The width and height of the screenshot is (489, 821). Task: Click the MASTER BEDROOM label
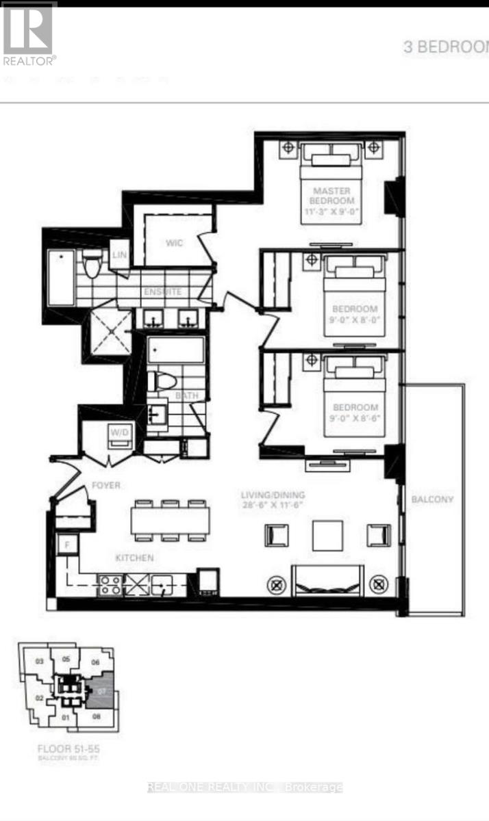coord(333,196)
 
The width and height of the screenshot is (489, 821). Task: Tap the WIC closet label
coord(174,243)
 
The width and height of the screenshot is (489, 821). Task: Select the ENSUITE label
coord(162,292)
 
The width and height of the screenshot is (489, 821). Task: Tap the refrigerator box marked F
coord(66,545)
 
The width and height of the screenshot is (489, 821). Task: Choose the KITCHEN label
coord(134,558)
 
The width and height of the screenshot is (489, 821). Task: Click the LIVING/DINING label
coord(272,495)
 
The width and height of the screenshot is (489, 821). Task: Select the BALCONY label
coord(432,499)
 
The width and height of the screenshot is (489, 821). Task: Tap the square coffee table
coord(327,535)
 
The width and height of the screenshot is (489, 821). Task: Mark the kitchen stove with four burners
coord(110,586)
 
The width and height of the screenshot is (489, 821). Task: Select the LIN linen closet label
coord(120,255)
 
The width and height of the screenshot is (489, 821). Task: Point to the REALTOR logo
coord(29,34)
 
